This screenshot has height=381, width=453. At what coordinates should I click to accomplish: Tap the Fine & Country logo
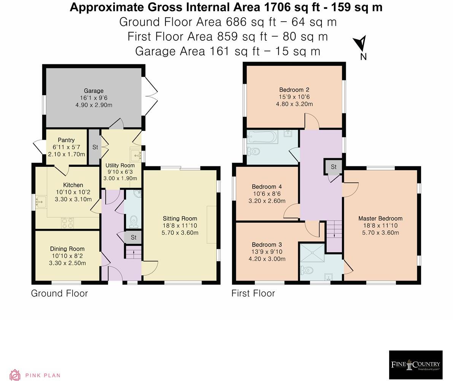[x=415, y=365]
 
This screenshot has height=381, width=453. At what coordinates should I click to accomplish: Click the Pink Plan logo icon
[x=15, y=375]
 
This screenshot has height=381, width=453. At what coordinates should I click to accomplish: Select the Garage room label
[x=94, y=91]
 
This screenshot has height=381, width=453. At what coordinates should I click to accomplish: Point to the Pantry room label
[x=66, y=140]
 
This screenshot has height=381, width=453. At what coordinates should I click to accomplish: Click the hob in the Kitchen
[x=67, y=223]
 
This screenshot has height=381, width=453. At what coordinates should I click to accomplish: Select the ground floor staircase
[x=133, y=252]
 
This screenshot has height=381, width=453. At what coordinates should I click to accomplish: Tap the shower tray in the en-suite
[x=312, y=253]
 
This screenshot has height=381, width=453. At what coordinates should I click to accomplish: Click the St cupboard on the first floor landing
[x=333, y=167]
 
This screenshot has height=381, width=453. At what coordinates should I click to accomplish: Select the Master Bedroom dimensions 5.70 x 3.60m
[x=380, y=233]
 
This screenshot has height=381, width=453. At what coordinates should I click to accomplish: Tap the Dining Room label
[x=67, y=249]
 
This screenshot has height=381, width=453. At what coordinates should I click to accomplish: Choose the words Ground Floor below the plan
[x=59, y=293]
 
